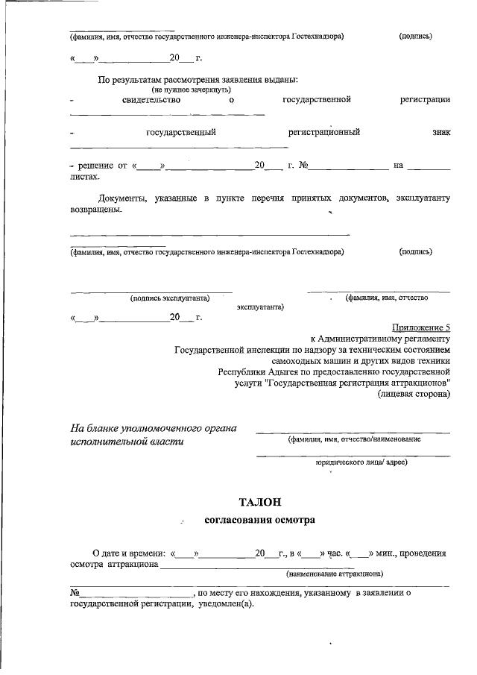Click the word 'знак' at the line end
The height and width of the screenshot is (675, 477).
(440, 132)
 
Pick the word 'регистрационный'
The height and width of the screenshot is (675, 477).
(324, 132)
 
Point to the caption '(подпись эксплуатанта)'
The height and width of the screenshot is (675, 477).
(169, 298)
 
